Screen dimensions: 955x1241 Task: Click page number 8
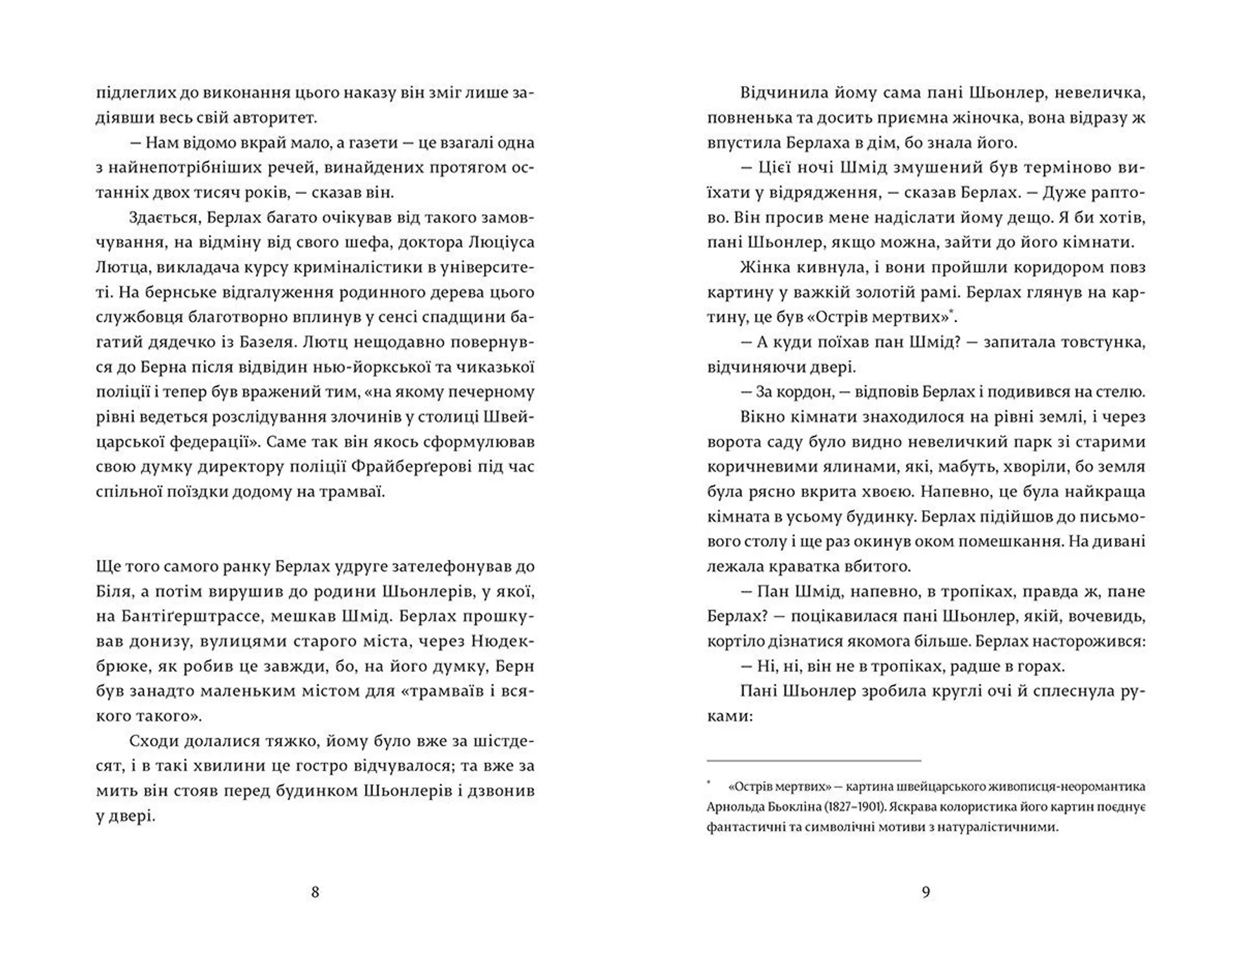tap(315, 892)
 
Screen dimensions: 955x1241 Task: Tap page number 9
tap(926, 892)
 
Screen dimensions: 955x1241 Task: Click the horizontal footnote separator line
tap(814, 761)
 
